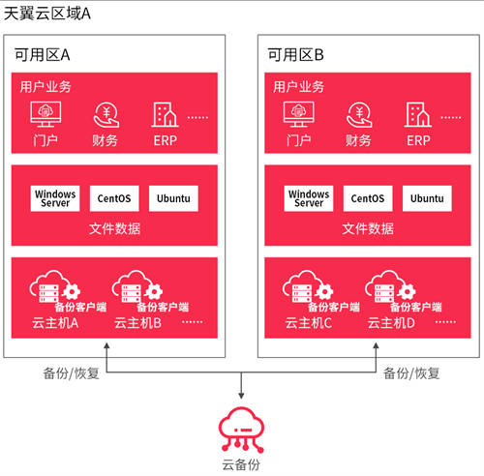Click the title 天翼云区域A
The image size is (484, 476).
(x=47, y=14)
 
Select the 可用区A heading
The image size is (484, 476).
(x=43, y=55)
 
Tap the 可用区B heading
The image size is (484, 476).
(x=295, y=55)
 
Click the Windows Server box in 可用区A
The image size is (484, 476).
(x=55, y=198)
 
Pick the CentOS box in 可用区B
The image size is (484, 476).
(x=368, y=198)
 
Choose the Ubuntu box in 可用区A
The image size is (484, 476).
(x=173, y=198)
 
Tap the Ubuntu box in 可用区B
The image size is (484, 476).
(x=427, y=198)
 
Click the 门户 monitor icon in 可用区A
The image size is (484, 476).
(x=45, y=114)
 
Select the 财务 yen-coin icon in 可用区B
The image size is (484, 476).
(x=359, y=115)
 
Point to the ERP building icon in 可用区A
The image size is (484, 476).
(x=165, y=114)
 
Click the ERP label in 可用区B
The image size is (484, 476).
(x=418, y=140)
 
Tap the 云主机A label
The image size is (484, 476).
(x=55, y=323)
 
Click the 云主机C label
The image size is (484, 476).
(x=309, y=323)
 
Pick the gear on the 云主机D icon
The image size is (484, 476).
(x=407, y=291)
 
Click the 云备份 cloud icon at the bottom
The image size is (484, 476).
(x=241, y=430)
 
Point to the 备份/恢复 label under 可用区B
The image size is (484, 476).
(x=411, y=373)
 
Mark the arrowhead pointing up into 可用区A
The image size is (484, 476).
(x=106, y=345)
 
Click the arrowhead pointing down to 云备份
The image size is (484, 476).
(x=241, y=396)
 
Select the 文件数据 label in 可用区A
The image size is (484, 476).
(x=114, y=228)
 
